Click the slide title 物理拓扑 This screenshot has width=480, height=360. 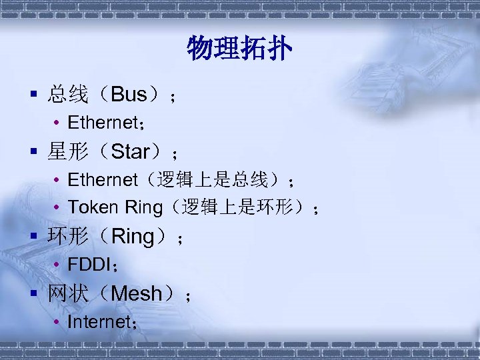[x=239, y=49]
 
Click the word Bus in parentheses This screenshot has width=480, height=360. [x=129, y=95]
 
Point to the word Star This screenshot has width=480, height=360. [x=131, y=153]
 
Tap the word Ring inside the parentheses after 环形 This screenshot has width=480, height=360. [x=133, y=236]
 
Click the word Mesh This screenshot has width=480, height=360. [x=137, y=293]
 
